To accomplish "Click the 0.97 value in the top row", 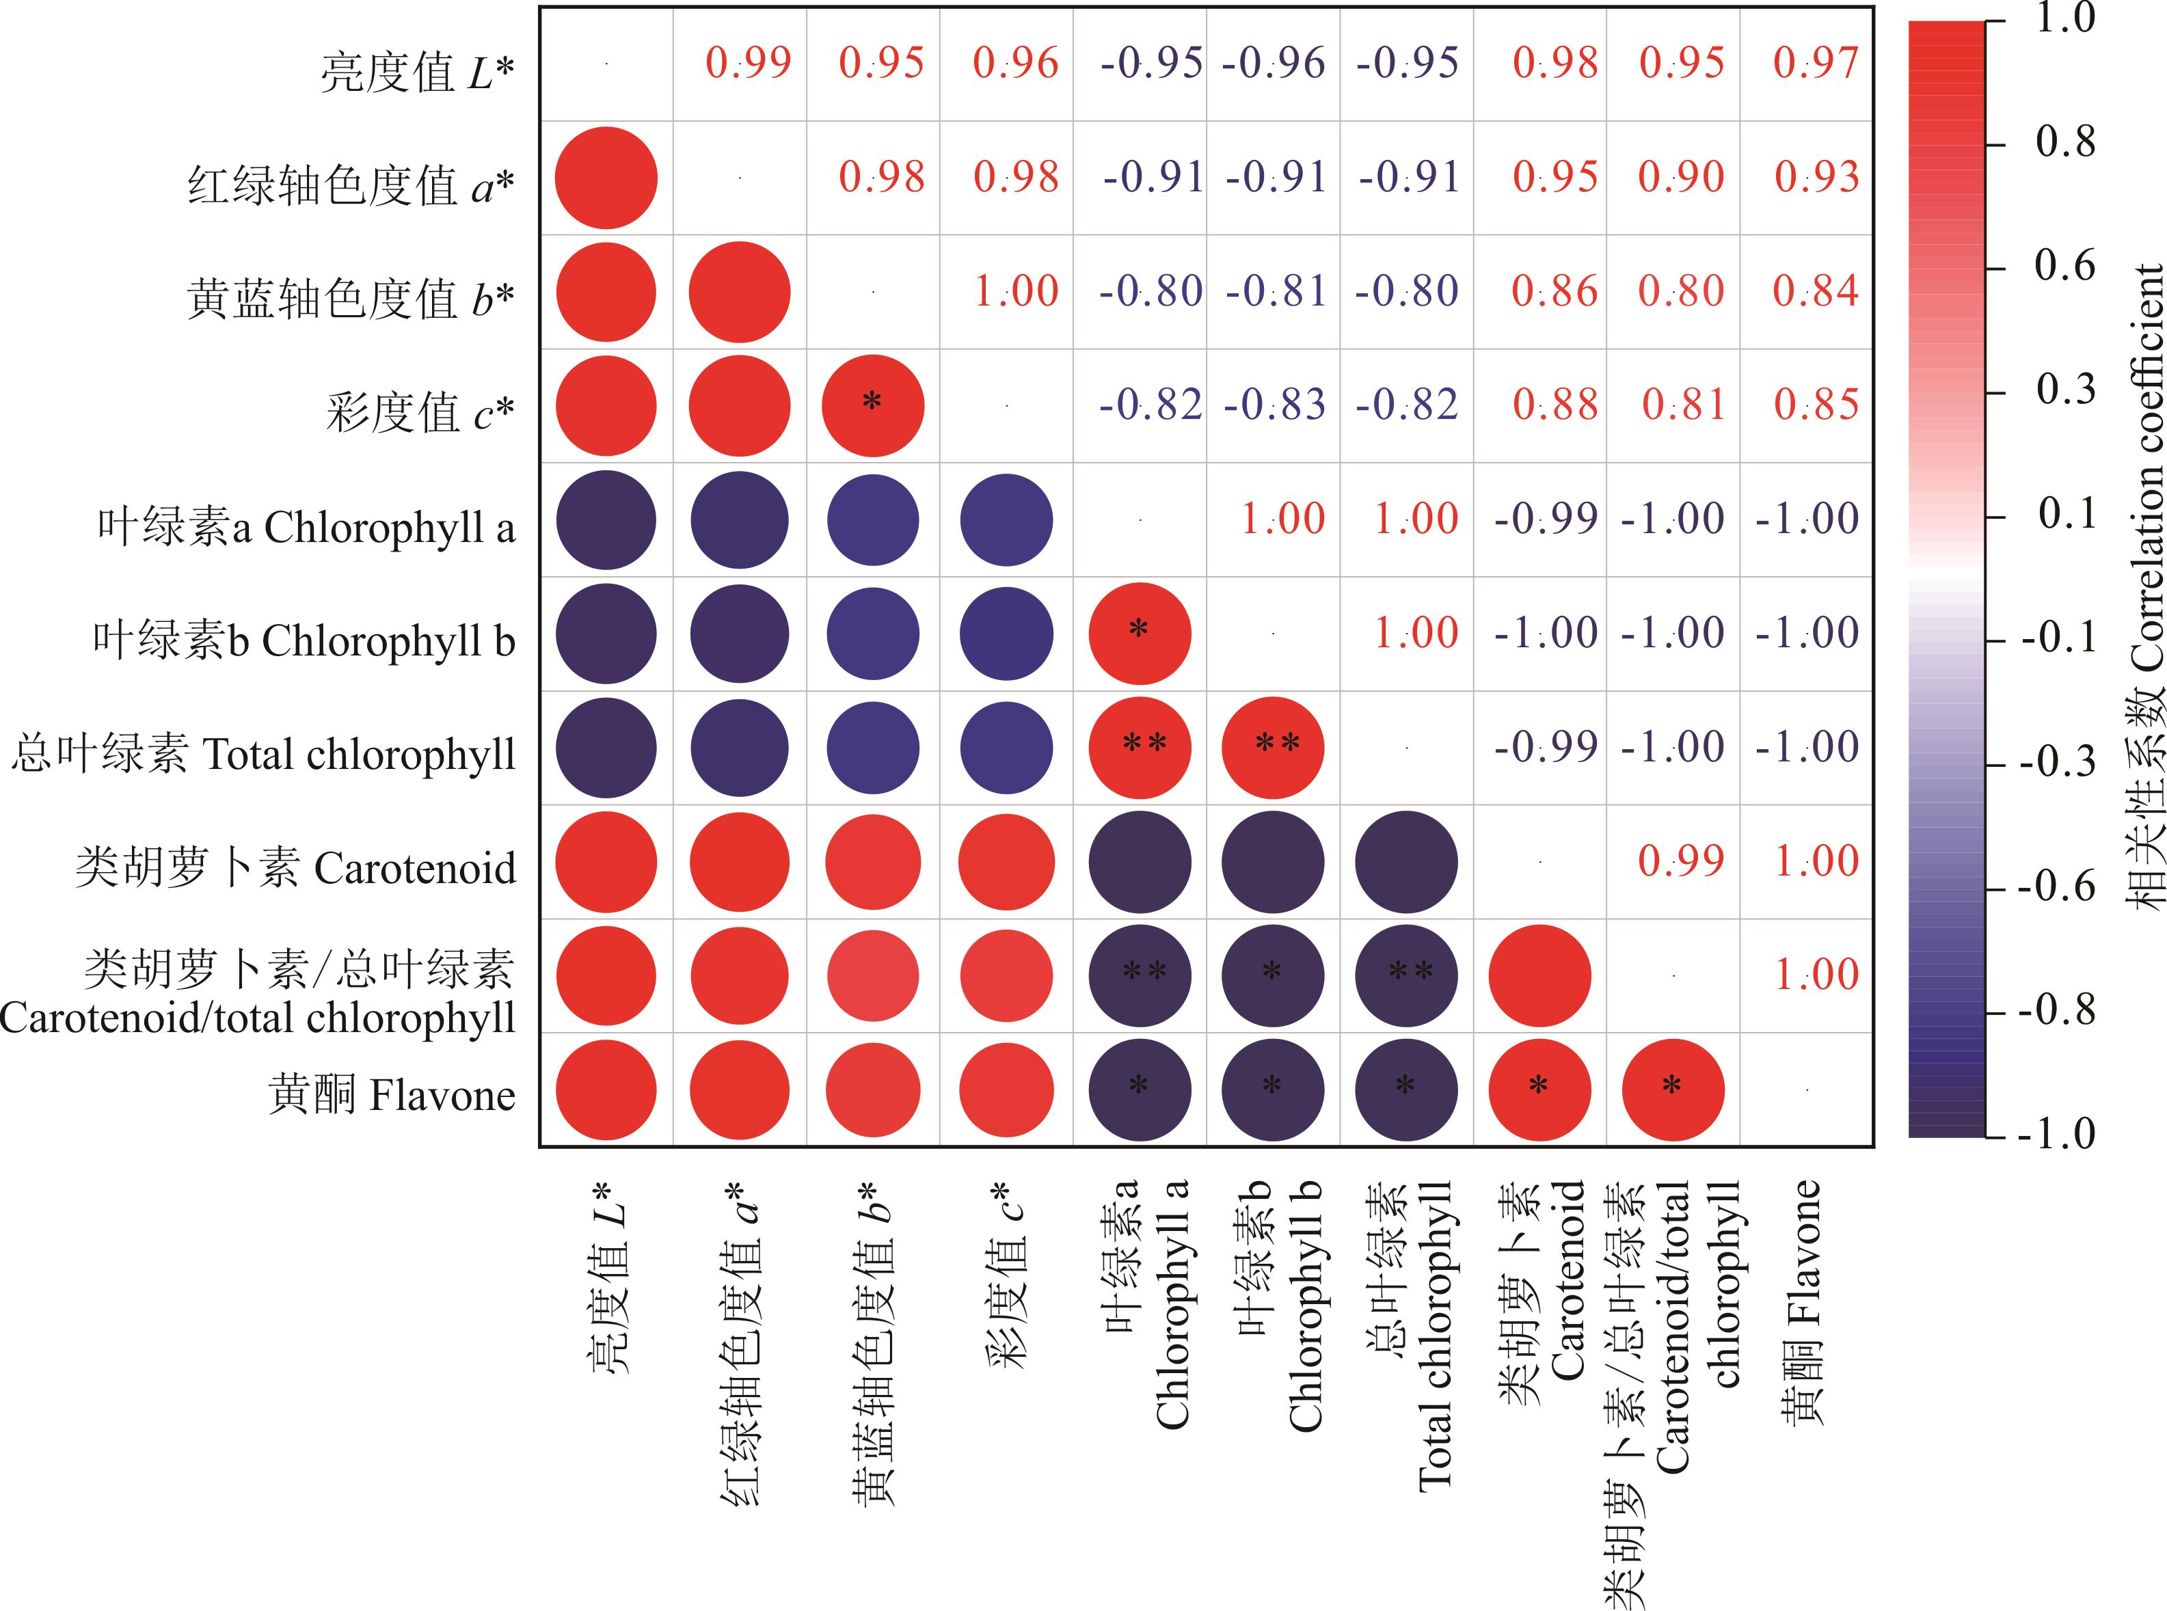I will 1815,64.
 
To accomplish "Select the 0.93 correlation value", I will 1816,178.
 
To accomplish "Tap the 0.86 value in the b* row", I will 1554,292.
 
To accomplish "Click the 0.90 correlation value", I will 1682,178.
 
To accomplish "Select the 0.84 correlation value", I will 1815,292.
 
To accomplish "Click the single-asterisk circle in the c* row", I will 873,406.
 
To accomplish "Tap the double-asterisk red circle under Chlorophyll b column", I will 1274,748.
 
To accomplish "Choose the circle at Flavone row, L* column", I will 606,1090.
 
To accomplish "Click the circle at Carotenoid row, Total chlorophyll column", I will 1406,862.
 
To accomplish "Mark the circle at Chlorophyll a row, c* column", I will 1006,519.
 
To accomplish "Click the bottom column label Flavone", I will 1802,1302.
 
